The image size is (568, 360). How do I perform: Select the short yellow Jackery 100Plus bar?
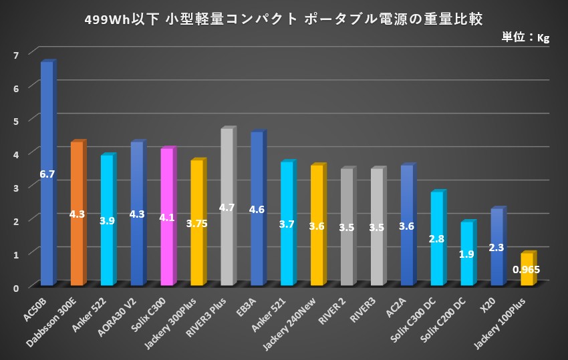pos(527,277)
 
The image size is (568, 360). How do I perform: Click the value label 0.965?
pos(527,270)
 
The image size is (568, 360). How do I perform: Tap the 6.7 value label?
pos(47,174)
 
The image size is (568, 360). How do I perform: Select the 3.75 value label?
pos(196,224)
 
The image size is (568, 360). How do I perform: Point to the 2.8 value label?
pos(437,238)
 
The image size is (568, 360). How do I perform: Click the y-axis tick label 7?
pos(15,53)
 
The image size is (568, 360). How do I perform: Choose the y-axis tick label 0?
pos(15,287)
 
